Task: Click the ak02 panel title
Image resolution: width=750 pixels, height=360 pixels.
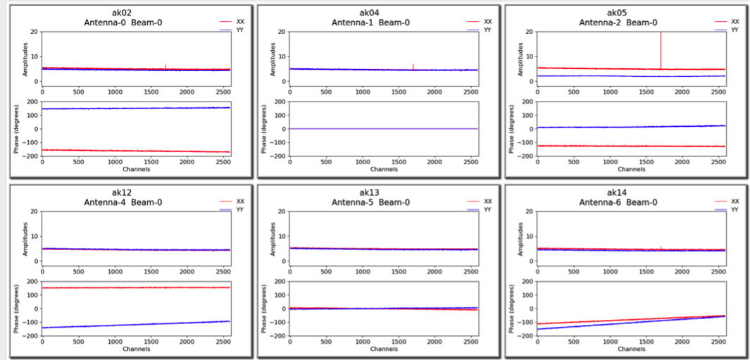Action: pos(123,12)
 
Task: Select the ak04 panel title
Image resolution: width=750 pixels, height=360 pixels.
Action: pos(370,12)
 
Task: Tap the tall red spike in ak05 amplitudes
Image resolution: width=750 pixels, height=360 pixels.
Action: pos(661,49)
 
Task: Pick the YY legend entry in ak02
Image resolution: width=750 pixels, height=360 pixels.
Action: pos(239,30)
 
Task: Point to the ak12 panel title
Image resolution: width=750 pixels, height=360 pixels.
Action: pos(123,192)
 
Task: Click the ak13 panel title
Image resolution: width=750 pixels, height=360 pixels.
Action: pos(370,192)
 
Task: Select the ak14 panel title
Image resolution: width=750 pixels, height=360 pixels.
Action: pos(618,192)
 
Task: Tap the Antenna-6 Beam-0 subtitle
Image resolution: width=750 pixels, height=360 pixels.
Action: pos(618,202)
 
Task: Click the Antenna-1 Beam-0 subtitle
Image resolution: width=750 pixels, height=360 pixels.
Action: pos(370,22)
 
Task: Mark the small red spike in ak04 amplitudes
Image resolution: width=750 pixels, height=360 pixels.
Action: pos(413,66)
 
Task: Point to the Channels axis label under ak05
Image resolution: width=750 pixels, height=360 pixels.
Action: pos(630,169)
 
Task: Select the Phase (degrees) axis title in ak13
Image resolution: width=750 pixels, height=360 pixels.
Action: pos(263,309)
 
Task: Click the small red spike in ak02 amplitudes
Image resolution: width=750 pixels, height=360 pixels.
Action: pos(165,66)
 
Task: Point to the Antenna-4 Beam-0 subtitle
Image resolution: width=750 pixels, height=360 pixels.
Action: pos(123,202)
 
